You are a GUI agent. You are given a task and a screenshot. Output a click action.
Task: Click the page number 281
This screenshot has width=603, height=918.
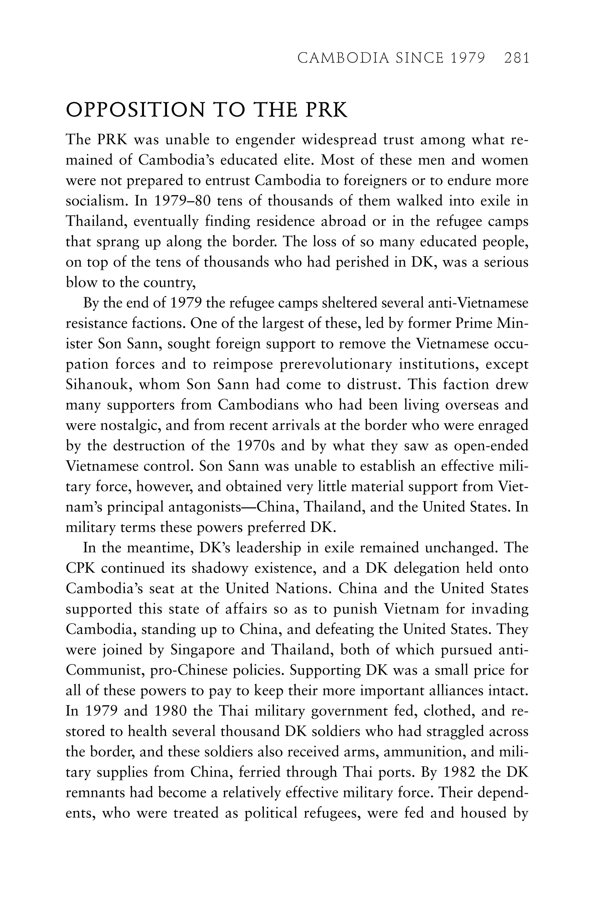click(516, 58)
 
